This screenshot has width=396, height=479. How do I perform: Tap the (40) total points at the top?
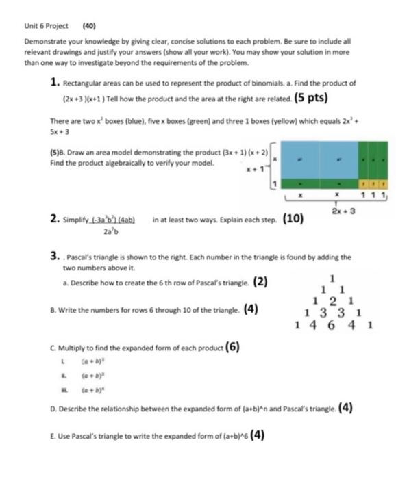tap(88, 26)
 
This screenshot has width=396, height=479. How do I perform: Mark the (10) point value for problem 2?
tap(293, 220)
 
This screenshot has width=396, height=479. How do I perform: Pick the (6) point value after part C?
tap(232, 346)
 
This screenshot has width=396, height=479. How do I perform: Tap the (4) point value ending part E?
tap(262, 435)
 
